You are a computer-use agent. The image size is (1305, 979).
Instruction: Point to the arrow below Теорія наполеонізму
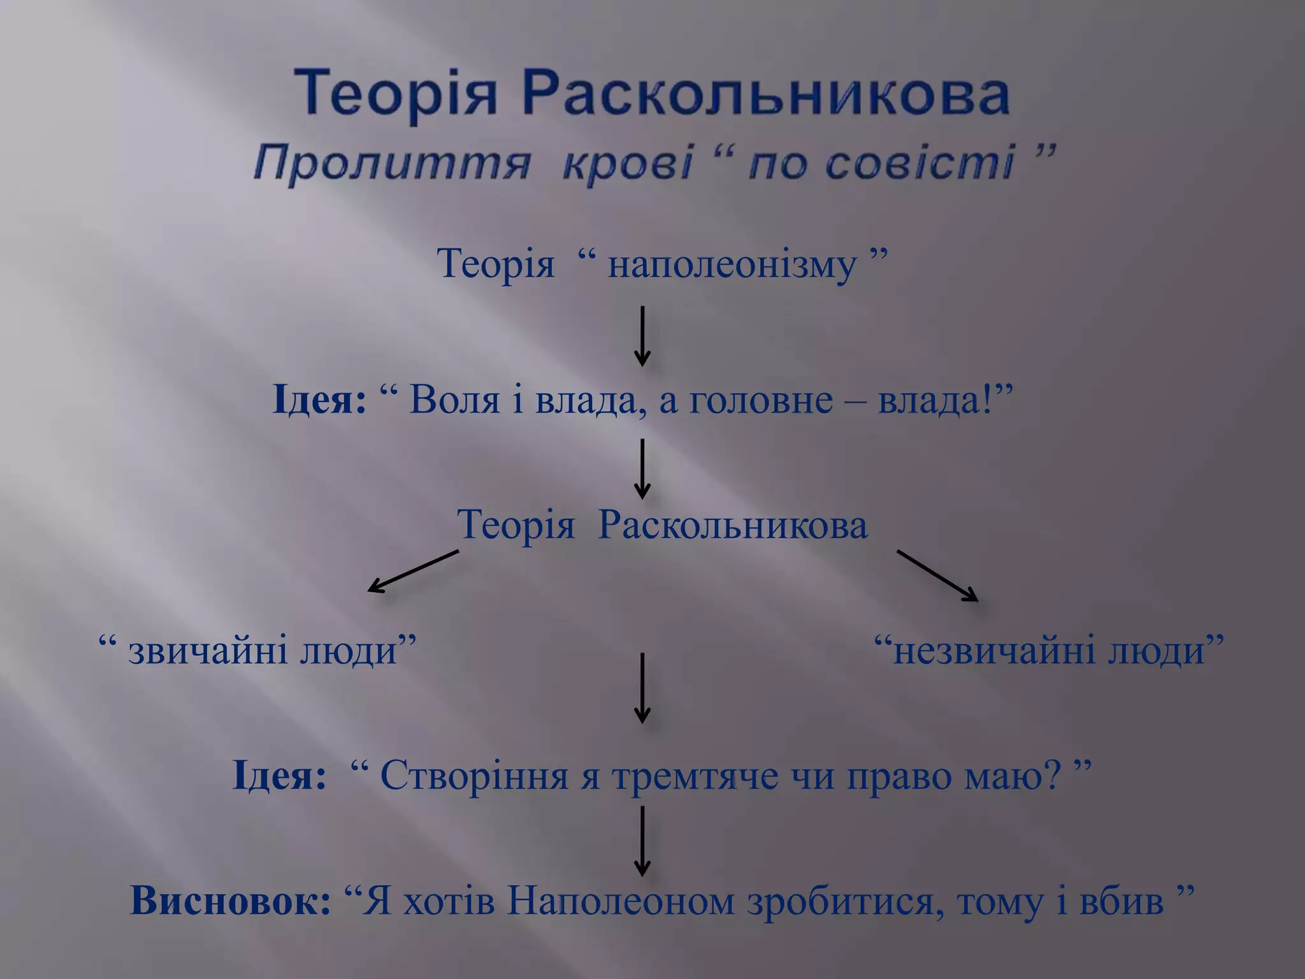point(642,336)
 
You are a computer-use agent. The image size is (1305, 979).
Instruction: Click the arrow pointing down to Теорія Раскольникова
point(642,468)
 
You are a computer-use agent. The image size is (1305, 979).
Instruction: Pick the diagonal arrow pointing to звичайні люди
point(414,571)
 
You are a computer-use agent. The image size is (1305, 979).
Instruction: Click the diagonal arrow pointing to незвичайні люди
point(937,575)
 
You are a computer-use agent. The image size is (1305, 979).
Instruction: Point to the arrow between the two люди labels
point(642,688)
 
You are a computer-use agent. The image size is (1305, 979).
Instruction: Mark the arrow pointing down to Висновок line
point(642,841)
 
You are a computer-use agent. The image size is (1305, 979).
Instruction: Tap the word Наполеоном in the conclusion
point(621,901)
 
